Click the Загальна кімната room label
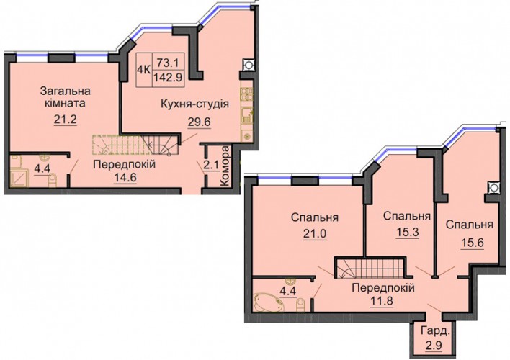(65, 97)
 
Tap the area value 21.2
(65, 120)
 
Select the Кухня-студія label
(194, 104)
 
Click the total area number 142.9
(169, 78)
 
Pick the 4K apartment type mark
(144, 69)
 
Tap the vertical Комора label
(225, 166)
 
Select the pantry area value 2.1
(211, 166)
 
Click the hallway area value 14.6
(125, 177)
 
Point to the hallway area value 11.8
(381, 300)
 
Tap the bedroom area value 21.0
(315, 233)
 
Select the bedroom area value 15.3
(407, 232)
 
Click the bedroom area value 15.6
(472, 243)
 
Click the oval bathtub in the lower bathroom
(269, 302)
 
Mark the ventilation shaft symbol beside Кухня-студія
(248, 64)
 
